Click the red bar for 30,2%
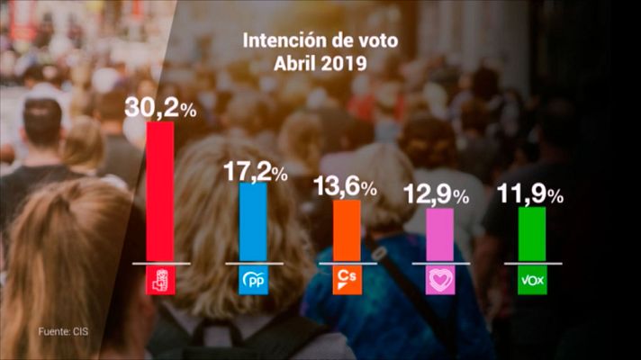(160, 192)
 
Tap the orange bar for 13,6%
(347, 231)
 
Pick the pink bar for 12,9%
(440, 234)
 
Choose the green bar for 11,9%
(532, 235)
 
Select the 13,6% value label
(346, 186)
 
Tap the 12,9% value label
(439, 194)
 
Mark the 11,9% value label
(532, 194)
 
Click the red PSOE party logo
(160, 281)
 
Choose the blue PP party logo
(253, 281)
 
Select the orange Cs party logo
(347, 281)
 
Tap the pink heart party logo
(439, 281)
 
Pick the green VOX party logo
(532, 281)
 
